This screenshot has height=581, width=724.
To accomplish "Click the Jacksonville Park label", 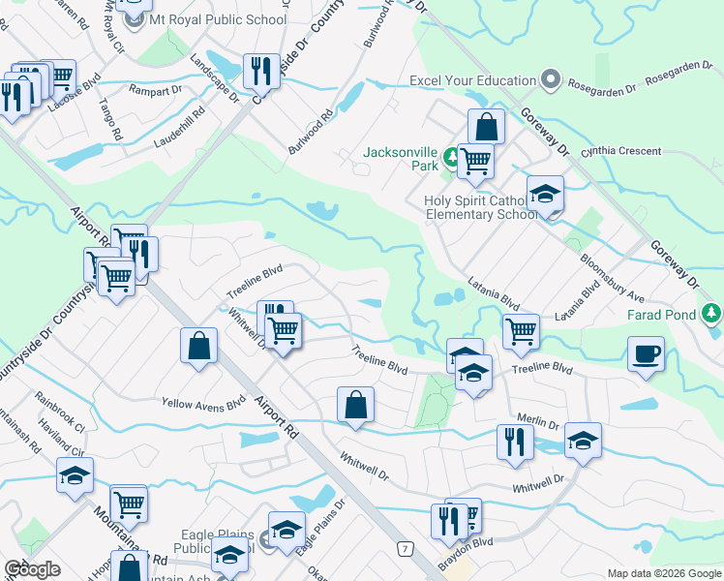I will (x=401, y=159).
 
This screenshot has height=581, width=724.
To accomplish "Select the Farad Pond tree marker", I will (x=712, y=312).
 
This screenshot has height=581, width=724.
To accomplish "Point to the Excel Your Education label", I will (x=472, y=80).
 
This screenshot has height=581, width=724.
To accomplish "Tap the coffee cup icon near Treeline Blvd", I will (x=646, y=353).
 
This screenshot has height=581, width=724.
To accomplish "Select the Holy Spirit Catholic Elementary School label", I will (x=480, y=207).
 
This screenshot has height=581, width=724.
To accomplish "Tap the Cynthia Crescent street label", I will (x=620, y=152).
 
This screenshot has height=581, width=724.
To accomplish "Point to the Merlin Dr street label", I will (x=540, y=423).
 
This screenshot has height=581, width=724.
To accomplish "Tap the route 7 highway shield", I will (x=405, y=549).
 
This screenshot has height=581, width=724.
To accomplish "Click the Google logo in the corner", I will (x=32, y=569).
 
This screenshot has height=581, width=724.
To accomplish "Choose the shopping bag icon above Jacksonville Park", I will (x=486, y=126).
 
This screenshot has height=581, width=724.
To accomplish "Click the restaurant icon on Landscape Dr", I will (x=260, y=70).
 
